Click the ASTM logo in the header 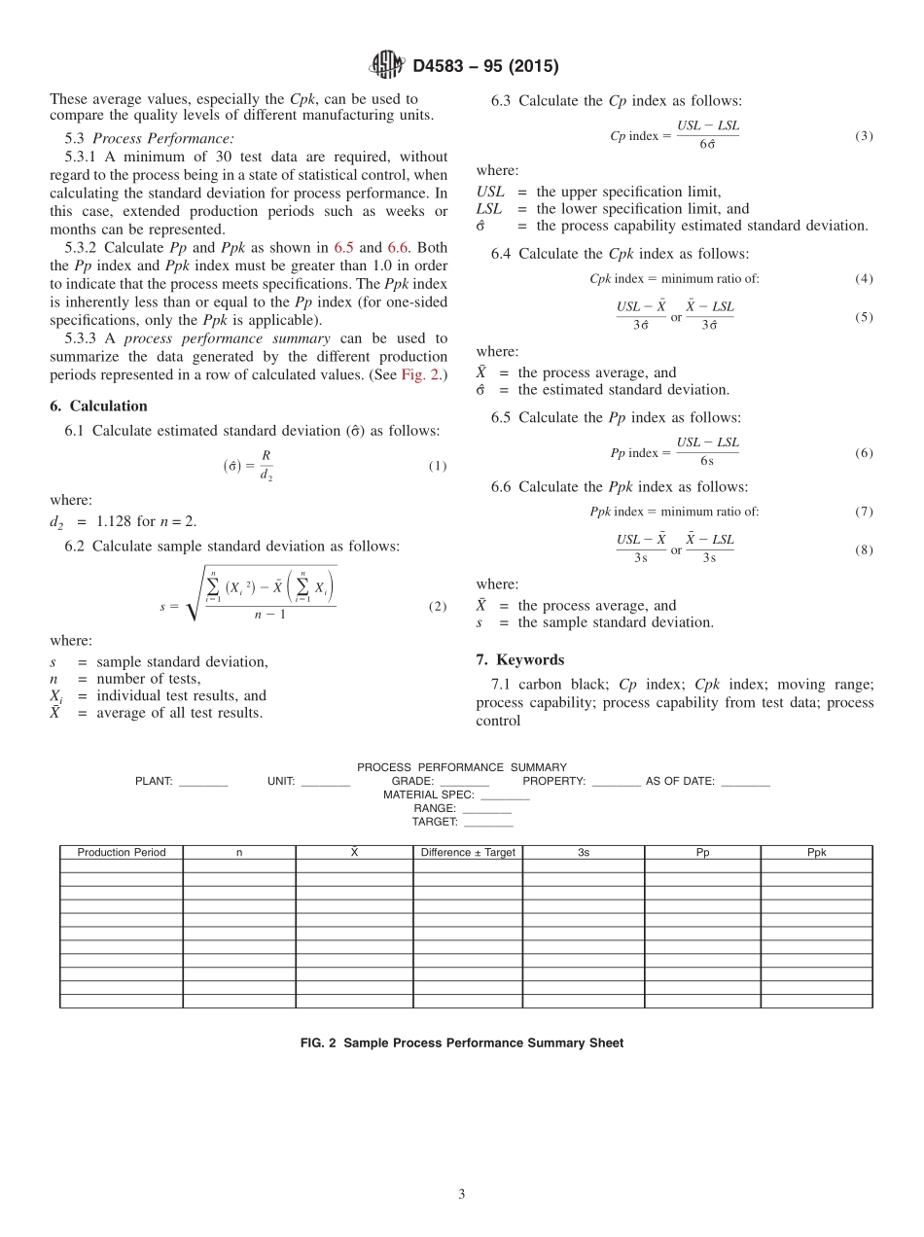387,66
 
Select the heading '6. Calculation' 98,406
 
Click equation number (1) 437,466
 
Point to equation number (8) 864,549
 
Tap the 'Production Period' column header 122,853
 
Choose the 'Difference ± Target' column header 468,853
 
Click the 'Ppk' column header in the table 816,853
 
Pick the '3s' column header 583,853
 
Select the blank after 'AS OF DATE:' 745,782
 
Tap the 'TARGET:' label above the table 434,822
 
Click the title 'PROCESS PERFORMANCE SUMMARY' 461,767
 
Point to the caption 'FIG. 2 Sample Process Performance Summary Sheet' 462,1043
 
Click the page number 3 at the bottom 462,1194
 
